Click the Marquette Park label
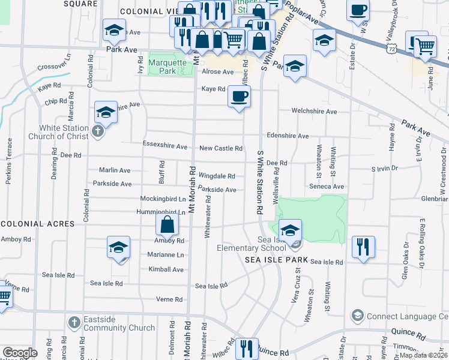tap(163, 66)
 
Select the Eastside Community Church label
tap(119, 324)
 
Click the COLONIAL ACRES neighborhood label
tap(37, 224)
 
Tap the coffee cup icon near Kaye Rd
tap(239, 97)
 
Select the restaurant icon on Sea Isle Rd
tap(363, 247)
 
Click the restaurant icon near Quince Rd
tap(246, 348)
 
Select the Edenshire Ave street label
tap(288, 136)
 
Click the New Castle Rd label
tap(221, 148)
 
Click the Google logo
tap(20, 353)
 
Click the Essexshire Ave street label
tap(165, 146)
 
